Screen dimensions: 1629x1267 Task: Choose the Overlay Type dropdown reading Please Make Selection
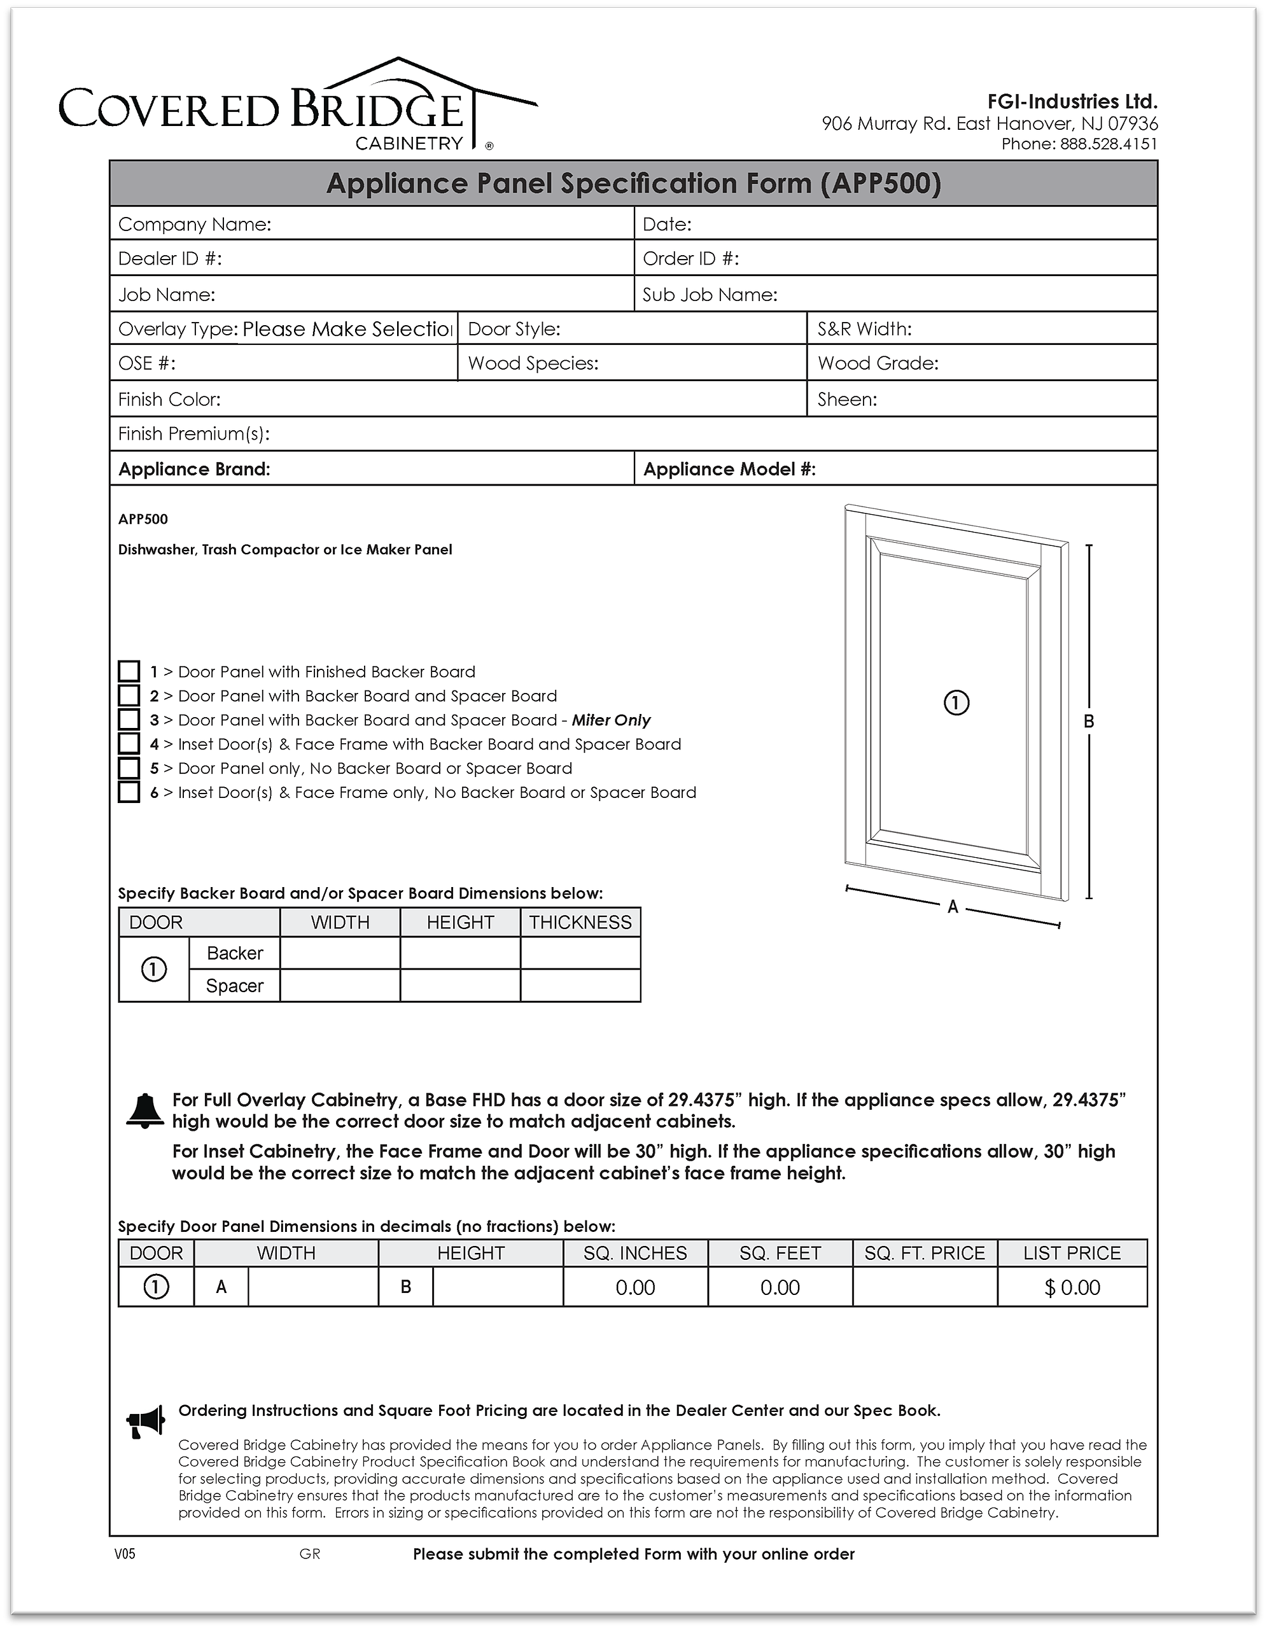point(347,329)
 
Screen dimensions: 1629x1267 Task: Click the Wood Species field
point(701,363)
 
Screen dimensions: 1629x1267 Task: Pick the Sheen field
point(1014,399)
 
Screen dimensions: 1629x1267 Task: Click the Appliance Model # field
point(984,469)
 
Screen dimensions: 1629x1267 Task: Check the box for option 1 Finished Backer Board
point(129,671)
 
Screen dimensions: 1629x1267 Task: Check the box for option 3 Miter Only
point(129,720)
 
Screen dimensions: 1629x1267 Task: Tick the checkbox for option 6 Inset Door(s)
point(129,792)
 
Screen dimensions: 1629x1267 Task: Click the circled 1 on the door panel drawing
point(957,703)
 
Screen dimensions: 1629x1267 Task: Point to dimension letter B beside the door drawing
point(1089,721)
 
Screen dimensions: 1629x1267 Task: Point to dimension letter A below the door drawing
point(952,907)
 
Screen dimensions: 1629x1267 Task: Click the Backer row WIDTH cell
point(340,953)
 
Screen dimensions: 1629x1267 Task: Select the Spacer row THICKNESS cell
point(580,985)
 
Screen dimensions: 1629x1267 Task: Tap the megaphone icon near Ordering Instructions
point(146,1422)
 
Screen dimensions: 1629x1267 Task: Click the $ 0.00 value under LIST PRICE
point(1072,1287)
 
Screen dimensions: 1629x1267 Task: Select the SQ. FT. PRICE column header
point(925,1253)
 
